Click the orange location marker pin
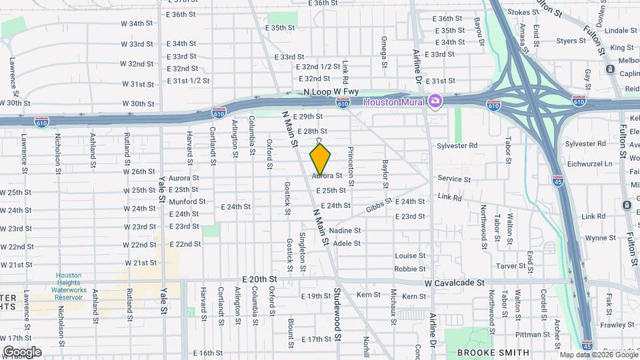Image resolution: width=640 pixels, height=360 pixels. click(x=321, y=159)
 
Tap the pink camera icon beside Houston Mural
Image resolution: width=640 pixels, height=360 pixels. click(x=435, y=101)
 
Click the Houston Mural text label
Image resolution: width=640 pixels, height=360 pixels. click(x=395, y=101)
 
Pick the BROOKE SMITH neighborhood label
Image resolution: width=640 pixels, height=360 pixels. click(x=493, y=352)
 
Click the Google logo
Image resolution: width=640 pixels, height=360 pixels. click(x=22, y=351)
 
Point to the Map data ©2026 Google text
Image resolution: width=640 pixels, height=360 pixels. click(x=598, y=355)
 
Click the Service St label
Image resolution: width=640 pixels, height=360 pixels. click(x=454, y=179)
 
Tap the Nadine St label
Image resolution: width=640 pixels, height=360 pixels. click(x=345, y=231)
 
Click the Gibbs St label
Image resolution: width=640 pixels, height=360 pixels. click(x=379, y=207)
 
